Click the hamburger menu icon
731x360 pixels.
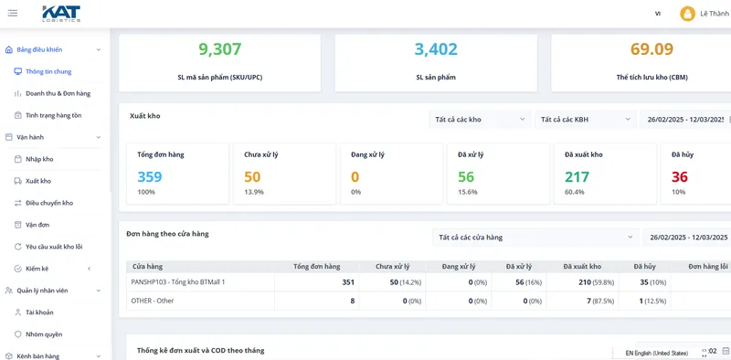pos(13,13)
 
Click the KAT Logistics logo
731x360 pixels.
pos(61,14)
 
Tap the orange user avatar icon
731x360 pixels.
pos(687,14)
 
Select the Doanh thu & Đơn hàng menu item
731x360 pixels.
pos(58,93)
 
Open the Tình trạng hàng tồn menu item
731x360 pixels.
pos(54,115)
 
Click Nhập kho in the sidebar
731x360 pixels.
pos(39,159)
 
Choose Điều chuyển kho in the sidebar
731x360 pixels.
pos(49,203)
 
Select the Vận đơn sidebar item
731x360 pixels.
pos(37,225)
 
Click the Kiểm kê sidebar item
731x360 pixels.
pos(37,269)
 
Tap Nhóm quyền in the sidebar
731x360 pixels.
pos(44,334)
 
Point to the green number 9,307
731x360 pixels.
pos(220,49)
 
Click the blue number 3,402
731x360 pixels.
pos(436,49)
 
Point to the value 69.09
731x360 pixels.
pos(652,49)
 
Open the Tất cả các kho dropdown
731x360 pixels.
pos(480,120)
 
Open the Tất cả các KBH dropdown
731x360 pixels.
pos(586,120)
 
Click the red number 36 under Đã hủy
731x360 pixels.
pos(680,177)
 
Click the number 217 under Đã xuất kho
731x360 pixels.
pos(577,177)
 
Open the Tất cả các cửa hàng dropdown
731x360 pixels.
pos(535,238)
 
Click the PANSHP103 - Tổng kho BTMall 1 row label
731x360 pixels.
pos(178,282)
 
